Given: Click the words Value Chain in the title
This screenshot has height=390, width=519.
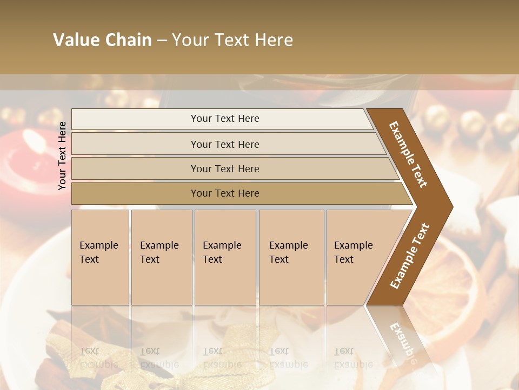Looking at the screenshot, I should point(102,40).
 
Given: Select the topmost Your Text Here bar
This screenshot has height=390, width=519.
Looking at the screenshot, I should point(224,119).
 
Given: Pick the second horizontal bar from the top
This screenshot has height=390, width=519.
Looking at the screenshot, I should point(224,144).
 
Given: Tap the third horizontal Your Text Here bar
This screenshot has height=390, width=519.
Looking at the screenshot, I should point(224,168).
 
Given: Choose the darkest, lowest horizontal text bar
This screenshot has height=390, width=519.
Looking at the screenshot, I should point(224,193).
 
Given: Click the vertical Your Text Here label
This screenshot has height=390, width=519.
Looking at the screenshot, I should point(62,155).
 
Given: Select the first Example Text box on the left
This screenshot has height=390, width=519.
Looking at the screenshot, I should point(100,257).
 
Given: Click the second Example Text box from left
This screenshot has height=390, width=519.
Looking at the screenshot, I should point(161,257).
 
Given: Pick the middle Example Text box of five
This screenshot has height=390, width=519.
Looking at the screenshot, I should point(225,257).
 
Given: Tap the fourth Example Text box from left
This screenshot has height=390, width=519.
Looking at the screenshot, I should point(291,257).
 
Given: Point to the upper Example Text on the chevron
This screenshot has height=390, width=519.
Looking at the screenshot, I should point(408,154).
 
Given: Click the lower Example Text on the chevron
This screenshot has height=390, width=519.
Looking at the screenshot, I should point(410,256).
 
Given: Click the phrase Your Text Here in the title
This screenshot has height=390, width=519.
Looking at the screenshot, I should point(232,40).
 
